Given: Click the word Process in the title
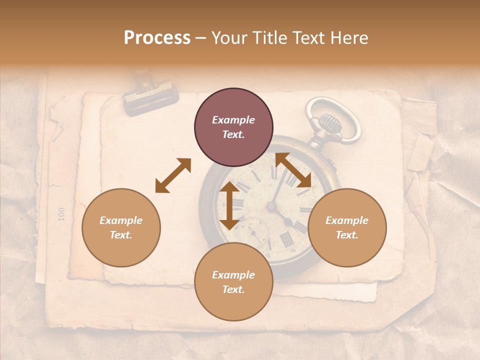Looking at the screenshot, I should [157, 38].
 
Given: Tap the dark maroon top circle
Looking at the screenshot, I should [233, 127].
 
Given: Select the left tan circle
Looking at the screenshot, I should [121, 227].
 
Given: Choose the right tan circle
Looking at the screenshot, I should [347, 227].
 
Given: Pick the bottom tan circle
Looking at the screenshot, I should [233, 282].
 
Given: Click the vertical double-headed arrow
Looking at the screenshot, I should [229, 205].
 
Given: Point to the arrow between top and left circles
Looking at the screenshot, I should [173, 175].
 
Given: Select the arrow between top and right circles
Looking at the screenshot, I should [293, 170].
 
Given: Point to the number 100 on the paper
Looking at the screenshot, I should [61, 213].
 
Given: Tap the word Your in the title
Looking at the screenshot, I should [230, 38].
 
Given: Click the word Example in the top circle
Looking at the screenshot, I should [233, 120].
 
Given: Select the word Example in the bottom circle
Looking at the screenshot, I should [233, 275].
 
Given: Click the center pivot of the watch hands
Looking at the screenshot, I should [273, 206].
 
